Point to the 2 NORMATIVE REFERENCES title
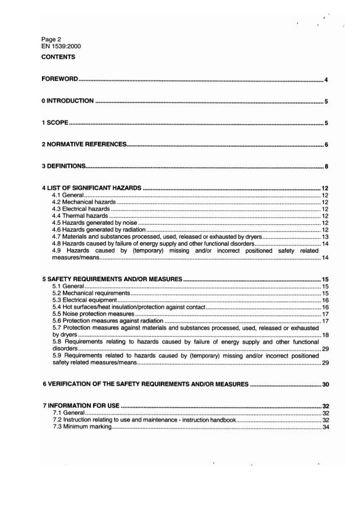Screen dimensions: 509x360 84,144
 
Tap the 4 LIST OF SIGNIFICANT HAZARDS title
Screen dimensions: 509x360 91,188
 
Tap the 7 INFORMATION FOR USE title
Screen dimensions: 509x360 80,405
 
